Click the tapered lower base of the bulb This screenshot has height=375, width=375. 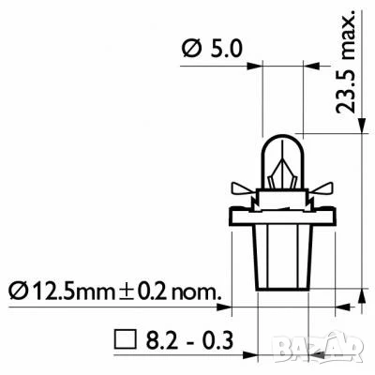pyautogui.click(x=277, y=258)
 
